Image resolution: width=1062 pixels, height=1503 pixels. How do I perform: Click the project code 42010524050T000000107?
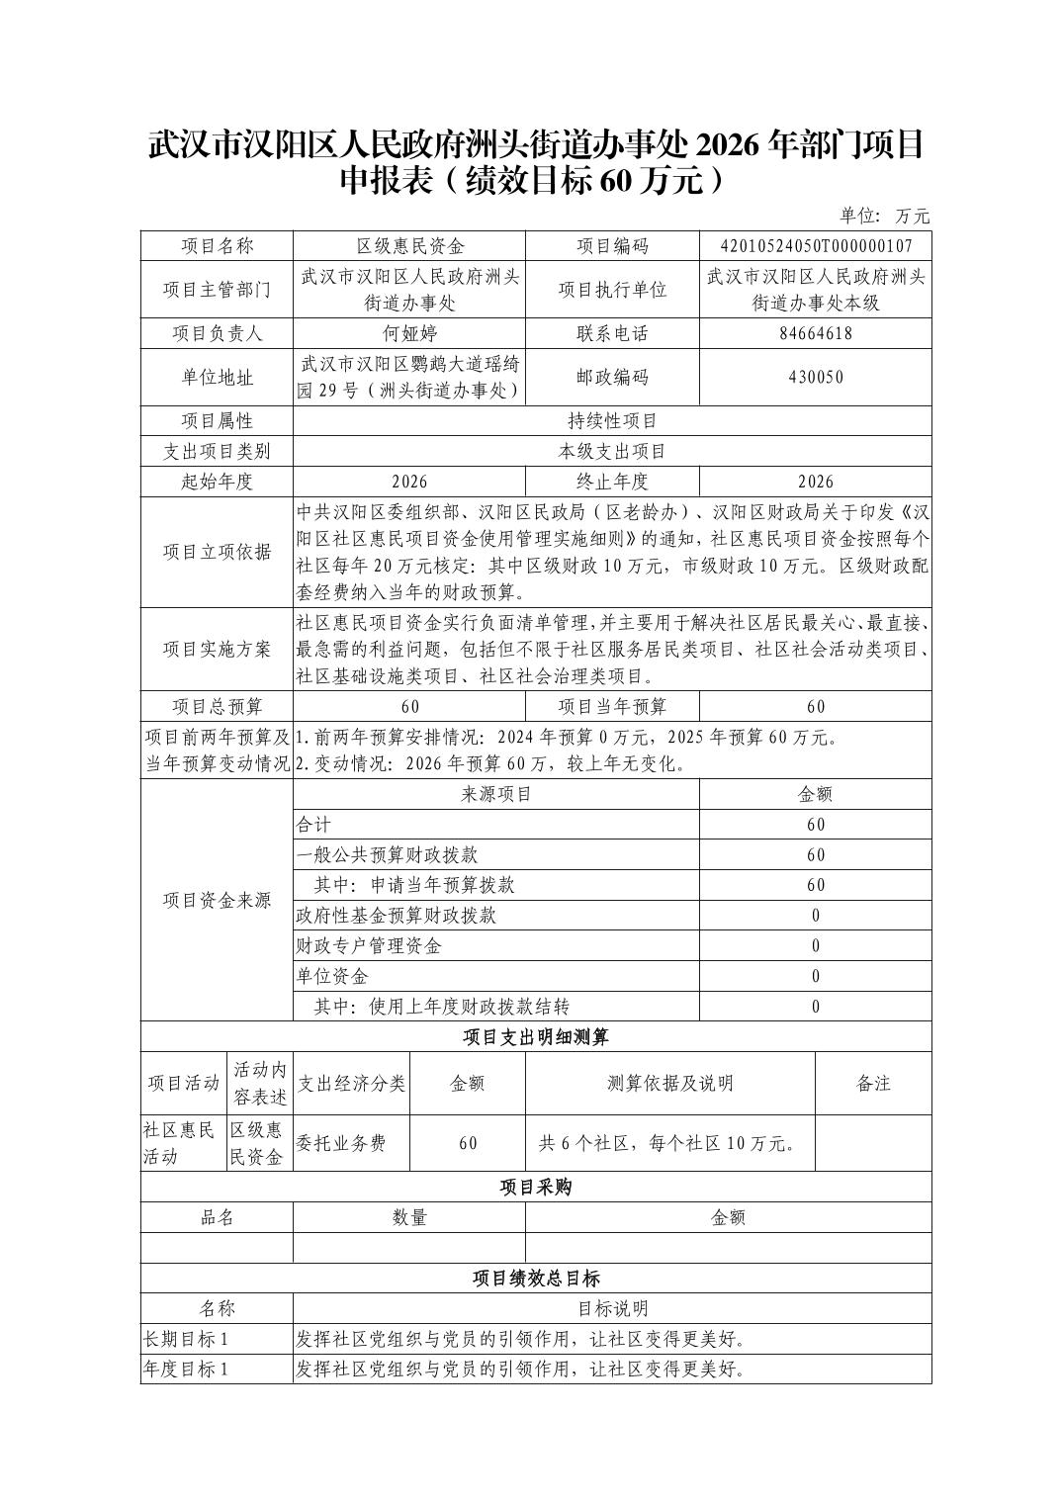point(815,246)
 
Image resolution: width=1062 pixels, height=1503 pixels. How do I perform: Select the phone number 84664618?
point(815,333)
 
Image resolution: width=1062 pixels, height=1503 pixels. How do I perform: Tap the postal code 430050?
point(815,377)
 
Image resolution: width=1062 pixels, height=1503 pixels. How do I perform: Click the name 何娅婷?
point(409,333)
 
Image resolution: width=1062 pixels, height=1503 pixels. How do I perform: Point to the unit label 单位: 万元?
point(885,216)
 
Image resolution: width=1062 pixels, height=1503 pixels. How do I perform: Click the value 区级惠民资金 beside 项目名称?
point(409,246)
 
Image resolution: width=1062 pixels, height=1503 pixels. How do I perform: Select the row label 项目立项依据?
point(217,552)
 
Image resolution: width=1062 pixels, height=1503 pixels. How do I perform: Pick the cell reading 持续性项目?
point(612,421)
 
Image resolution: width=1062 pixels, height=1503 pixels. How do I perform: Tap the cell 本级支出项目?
point(612,452)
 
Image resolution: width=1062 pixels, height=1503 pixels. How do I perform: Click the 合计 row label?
point(313,825)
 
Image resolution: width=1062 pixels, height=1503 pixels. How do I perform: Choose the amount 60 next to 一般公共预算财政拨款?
point(815,854)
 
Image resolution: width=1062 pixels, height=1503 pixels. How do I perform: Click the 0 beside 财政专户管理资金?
point(815,945)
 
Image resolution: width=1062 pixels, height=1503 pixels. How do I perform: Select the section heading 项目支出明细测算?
point(536,1036)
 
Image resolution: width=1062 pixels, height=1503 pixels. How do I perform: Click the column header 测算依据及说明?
point(669,1083)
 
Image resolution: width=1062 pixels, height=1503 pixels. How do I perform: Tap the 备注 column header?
point(873,1083)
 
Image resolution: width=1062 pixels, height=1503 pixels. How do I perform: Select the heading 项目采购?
point(536,1187)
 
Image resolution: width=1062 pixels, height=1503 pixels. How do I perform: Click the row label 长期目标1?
point(186,1339)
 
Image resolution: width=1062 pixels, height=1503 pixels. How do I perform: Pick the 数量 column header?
point(409,1217)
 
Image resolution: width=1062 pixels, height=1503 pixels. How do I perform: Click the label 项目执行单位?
point(612,290)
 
